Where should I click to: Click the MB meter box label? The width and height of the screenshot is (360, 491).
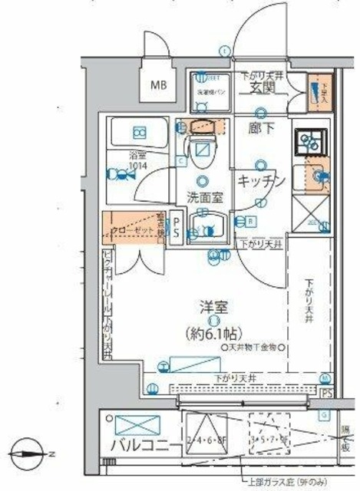click(x=159, y=84)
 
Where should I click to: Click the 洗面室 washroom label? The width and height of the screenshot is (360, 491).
click(x=205, y=197)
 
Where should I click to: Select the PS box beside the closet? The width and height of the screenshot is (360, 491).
click(x=175, y=227)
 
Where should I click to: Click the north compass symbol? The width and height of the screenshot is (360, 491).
click(x=29, y=452)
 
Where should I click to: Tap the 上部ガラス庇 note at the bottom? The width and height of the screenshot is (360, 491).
click(x=280, y=484)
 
